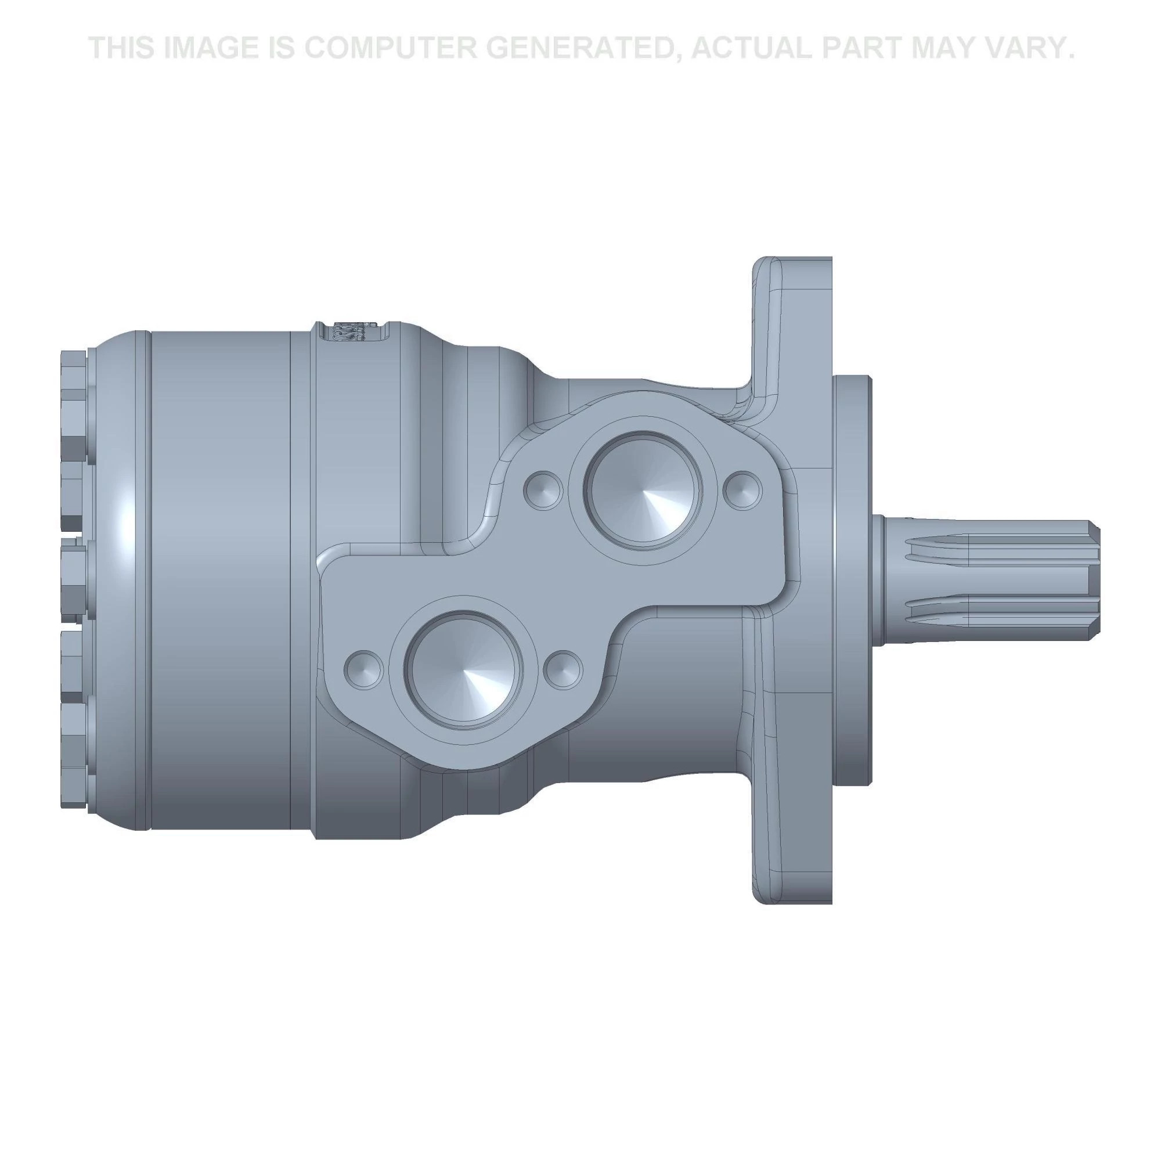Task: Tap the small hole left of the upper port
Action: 543,490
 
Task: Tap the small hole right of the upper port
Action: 742,490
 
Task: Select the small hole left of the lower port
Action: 363,669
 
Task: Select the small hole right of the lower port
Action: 563,669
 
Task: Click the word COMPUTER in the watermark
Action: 391,48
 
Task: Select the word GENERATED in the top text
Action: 587,48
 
